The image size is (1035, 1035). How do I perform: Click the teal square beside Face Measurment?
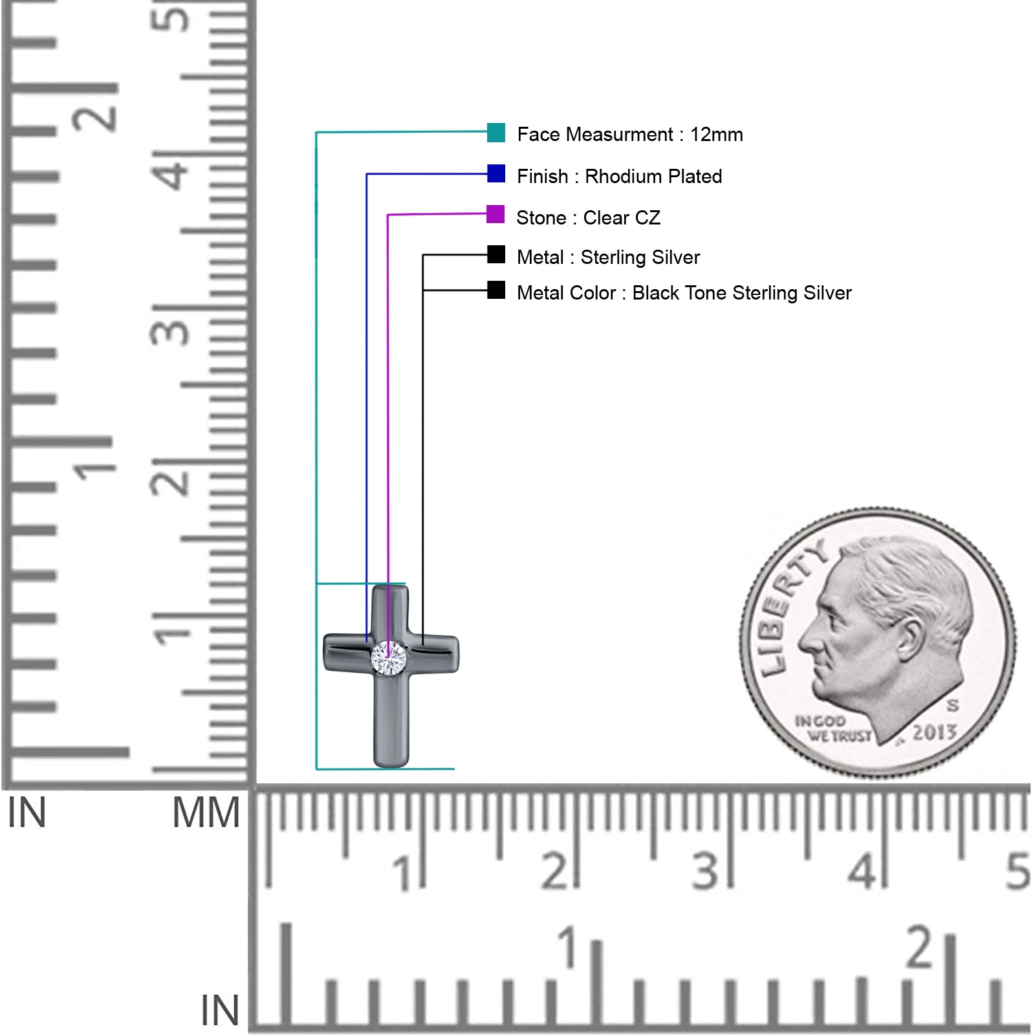point(496,132)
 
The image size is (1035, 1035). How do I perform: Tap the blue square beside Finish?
point(496,173)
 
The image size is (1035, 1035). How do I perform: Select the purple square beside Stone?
point(496,214)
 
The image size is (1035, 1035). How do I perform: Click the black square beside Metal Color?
point(496,290)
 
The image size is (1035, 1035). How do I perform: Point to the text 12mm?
point(716,135)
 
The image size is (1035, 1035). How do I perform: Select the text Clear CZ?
point(622,218)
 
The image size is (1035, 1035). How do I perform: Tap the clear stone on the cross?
point(389,658)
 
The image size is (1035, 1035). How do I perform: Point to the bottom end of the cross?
point(391,767)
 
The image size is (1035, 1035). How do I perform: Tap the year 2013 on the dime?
point(934,733)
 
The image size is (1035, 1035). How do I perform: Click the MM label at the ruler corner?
point(206,813)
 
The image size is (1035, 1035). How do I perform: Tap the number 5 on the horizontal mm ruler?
point(1017,871)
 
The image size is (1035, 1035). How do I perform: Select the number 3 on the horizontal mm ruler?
point(705,871)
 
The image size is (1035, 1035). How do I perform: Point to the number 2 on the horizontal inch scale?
point(919,947)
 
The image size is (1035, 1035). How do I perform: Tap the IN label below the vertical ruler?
point(27,813)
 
